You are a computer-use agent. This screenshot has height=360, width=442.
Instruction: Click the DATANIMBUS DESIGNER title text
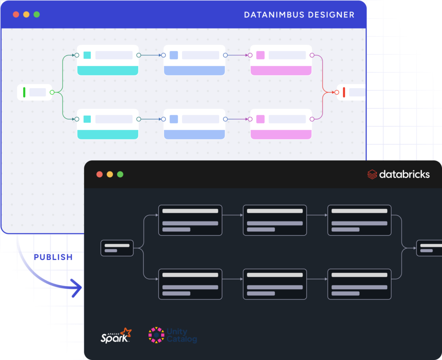(299, 15)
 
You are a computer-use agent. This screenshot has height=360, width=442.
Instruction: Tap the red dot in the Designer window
(16, 14)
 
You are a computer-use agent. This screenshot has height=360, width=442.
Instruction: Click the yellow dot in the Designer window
(26, 14)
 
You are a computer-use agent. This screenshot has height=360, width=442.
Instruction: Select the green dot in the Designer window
(37, 14)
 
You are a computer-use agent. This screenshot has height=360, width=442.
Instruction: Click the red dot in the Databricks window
(99, 174)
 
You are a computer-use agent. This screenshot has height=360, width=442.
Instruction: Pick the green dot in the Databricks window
(120, 174)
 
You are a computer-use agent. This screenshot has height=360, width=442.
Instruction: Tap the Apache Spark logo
(116, 335)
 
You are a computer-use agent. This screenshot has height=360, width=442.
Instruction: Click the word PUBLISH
(53, 257)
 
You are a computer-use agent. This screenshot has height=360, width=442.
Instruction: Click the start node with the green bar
(34, 92)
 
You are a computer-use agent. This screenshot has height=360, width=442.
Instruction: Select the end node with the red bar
(350, 92)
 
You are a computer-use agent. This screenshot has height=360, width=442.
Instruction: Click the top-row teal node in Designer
(108, 60)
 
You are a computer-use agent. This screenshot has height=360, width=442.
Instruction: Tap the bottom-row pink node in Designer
(281, 124)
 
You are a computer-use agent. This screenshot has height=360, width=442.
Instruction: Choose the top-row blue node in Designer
(194, 60)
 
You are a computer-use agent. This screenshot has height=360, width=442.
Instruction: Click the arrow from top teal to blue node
(151, 55)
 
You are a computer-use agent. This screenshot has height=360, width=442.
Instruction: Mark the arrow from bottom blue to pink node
(238, 119)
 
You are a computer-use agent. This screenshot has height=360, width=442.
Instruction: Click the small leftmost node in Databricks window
(117, 248)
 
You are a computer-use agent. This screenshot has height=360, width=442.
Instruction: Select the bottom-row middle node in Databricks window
(275, 284)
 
